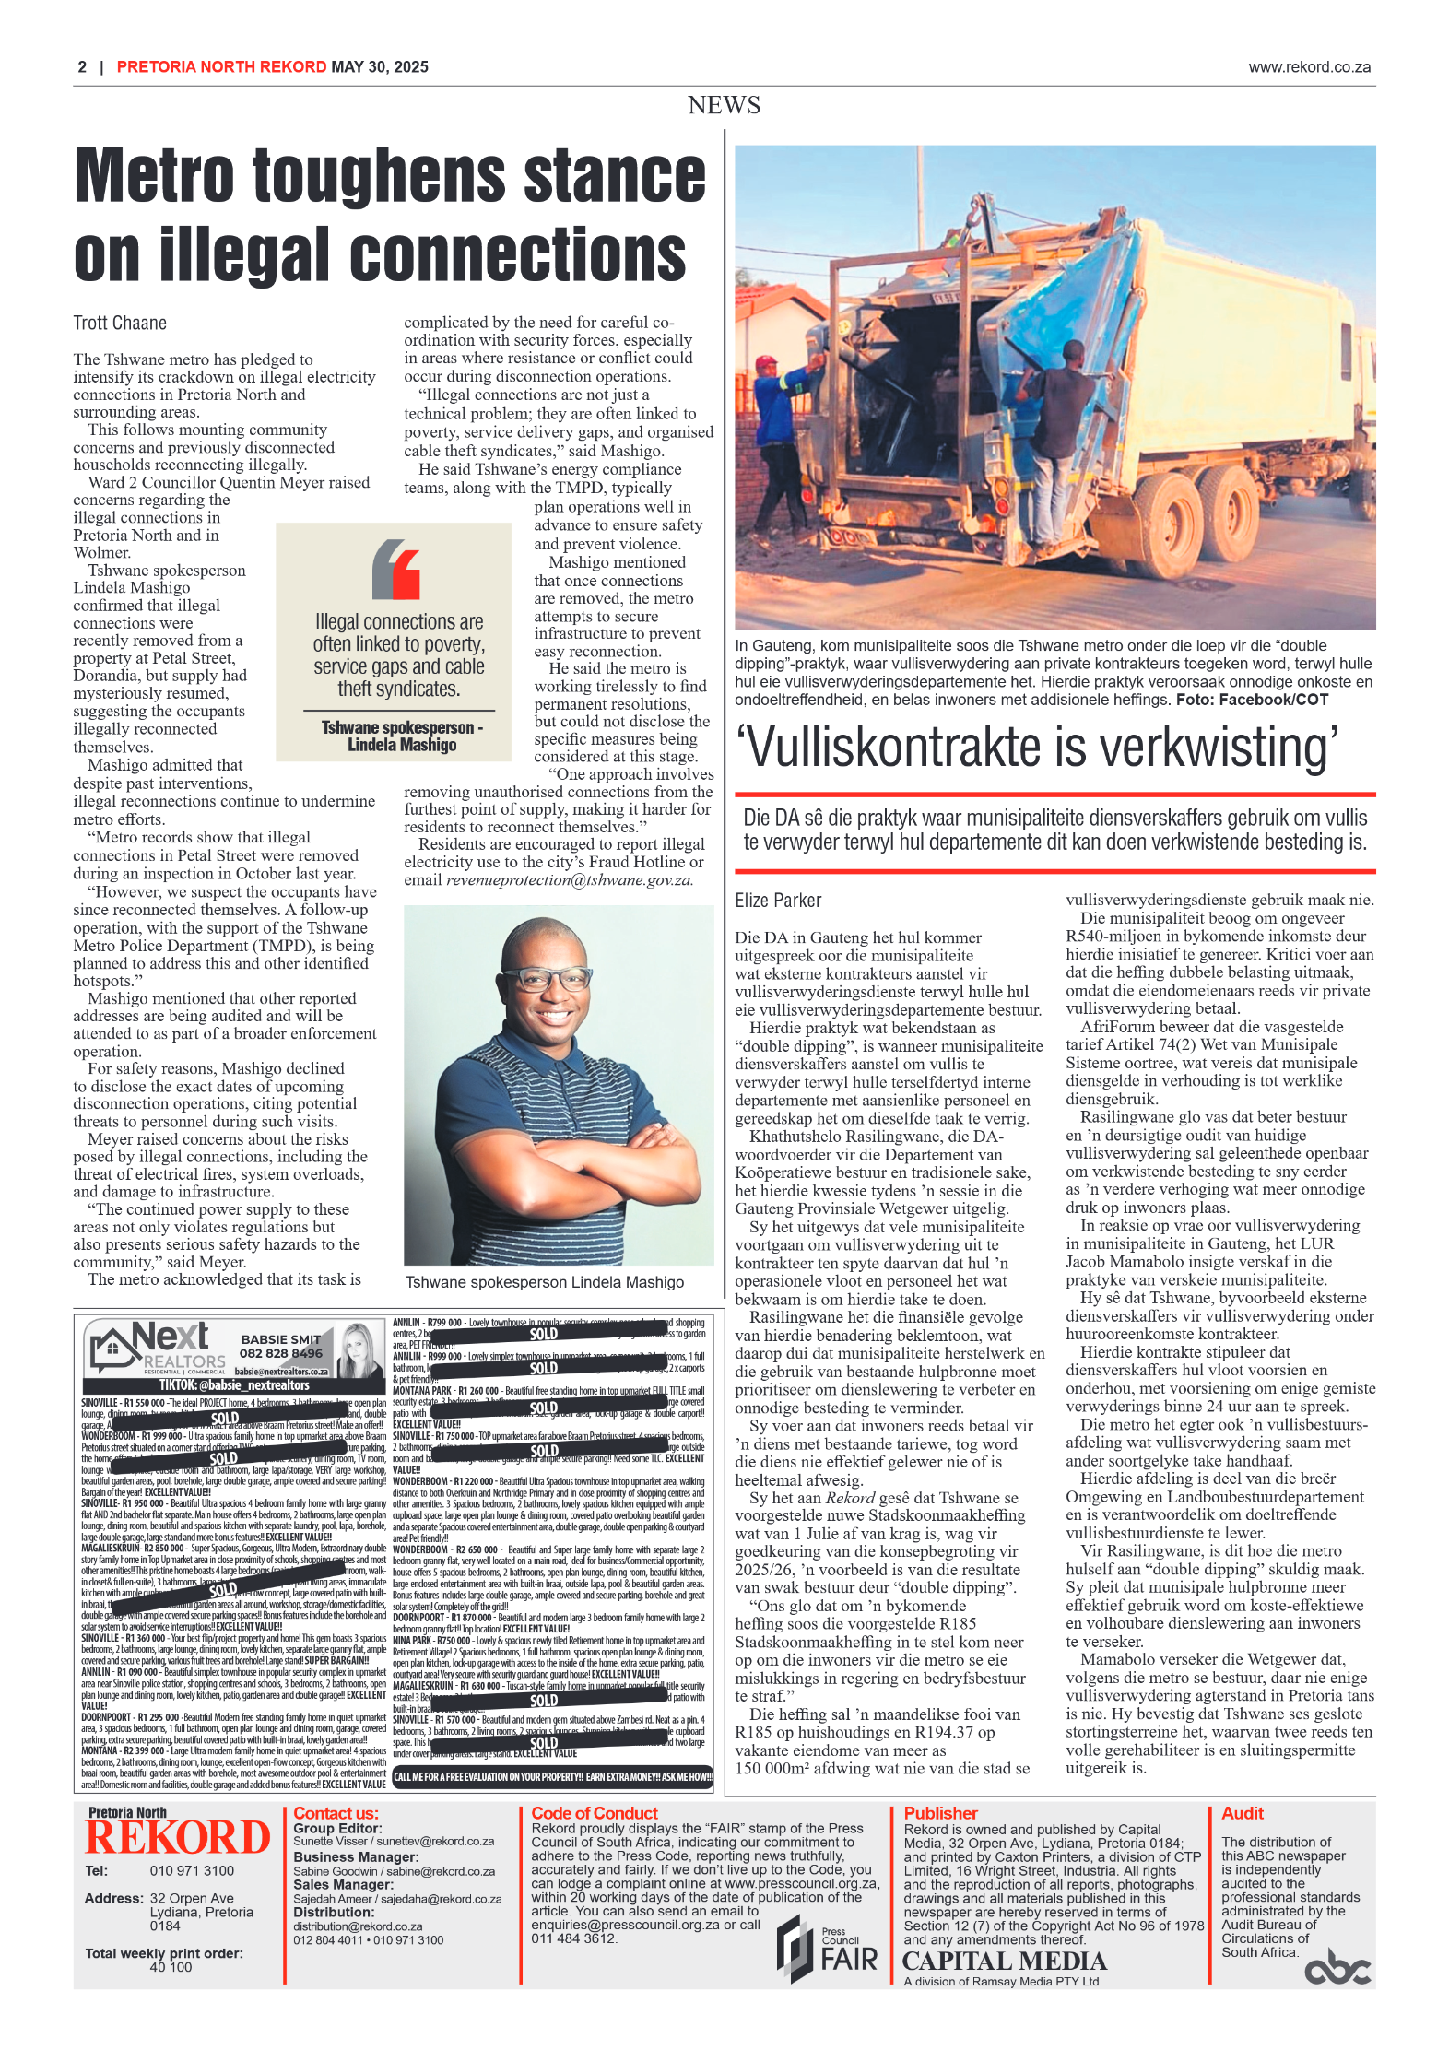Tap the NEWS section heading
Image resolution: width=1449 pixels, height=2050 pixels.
pos(724,105)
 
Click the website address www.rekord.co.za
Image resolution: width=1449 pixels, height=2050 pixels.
pos(1309,67)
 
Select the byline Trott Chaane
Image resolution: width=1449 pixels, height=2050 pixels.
pos(120,324)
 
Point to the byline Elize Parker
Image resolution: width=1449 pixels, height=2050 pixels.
pos(777,901)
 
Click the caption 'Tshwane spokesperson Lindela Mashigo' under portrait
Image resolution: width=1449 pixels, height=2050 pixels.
pos(544,1282)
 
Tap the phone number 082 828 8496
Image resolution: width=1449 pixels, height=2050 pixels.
pos(281,1353)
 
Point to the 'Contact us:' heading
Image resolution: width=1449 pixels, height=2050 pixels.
pos(336,1813)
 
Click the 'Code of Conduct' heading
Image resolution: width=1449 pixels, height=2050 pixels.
pos(595,1813)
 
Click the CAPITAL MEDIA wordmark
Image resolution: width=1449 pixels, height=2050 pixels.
pos(1004,1961)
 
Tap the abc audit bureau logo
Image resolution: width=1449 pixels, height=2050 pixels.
pos(1337,1969)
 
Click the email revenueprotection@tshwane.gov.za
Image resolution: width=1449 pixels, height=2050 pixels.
pos(569,880)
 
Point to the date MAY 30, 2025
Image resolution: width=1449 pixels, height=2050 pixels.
pos(380,67)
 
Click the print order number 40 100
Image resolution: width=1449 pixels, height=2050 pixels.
pos(171,1967)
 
